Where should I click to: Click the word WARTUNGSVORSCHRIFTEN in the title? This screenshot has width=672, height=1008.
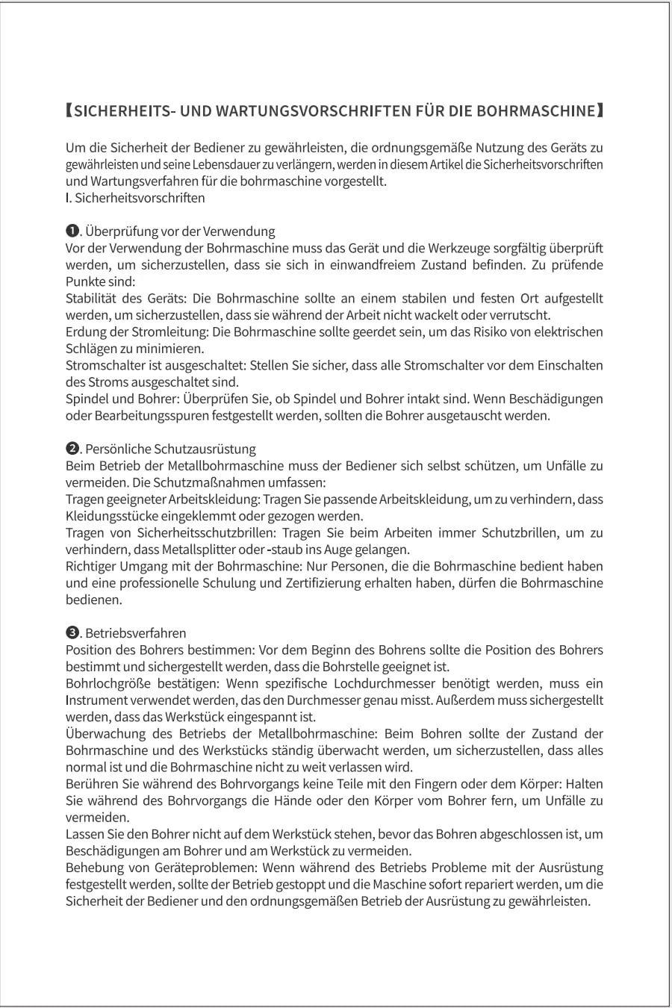coord(313,111)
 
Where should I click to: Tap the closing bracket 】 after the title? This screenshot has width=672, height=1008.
coord(600,111)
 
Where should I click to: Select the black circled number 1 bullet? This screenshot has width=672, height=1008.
coord(72,231)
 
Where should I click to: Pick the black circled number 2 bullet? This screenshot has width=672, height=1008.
coord(72,449)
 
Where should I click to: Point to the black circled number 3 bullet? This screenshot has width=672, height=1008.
coord(72,633)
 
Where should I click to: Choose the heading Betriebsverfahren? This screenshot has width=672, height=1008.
coord(136,633)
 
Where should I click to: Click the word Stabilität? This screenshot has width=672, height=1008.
coord(90,298)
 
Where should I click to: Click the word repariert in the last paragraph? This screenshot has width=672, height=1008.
coord(511,884)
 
